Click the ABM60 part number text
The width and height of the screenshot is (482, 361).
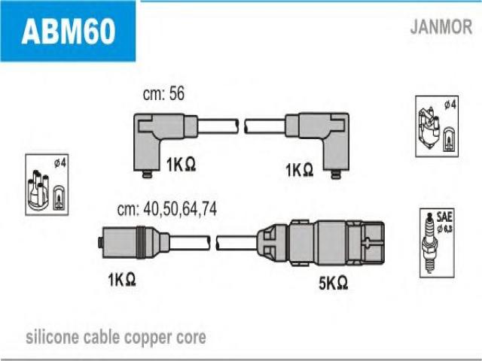coord(69,31)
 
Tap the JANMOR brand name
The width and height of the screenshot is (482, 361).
coord(441,27)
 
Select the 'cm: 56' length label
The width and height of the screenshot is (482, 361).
coord(163,93)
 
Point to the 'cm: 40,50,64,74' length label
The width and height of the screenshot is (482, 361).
coord(167,209)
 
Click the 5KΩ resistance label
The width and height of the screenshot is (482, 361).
coord(333,283)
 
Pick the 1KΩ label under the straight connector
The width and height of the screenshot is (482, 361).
coord(122,280)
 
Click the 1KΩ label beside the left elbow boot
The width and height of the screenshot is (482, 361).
coord(181,164)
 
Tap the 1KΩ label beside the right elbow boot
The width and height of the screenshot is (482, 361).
coord(300,169)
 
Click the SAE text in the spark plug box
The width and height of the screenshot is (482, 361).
coord(444,217)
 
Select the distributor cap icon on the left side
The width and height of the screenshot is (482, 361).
coord(38,190)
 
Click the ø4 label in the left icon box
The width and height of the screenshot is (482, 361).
coord(60,162)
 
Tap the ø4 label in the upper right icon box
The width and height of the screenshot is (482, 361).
coord(450,105)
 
